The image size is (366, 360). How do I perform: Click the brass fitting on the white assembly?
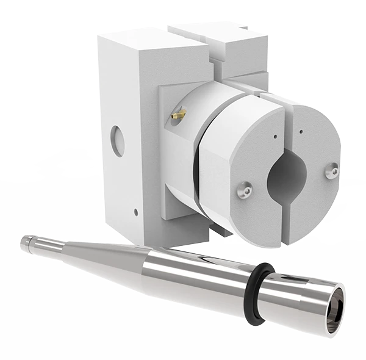pyautogui.click(x=178, y=113)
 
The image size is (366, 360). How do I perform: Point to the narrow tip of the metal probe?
pyautogui.click(x=26, y=241)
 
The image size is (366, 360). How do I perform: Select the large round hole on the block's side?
pyautogui.click(x=118, y=142)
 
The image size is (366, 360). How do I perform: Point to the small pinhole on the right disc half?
pyautogui.click(x=303, y=129)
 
